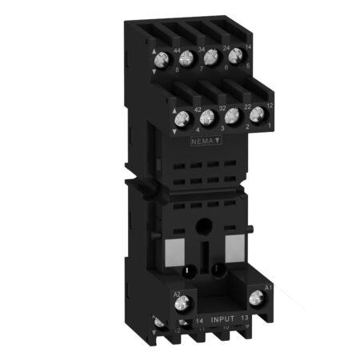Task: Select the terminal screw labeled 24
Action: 230,58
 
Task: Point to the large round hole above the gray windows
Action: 212,226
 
